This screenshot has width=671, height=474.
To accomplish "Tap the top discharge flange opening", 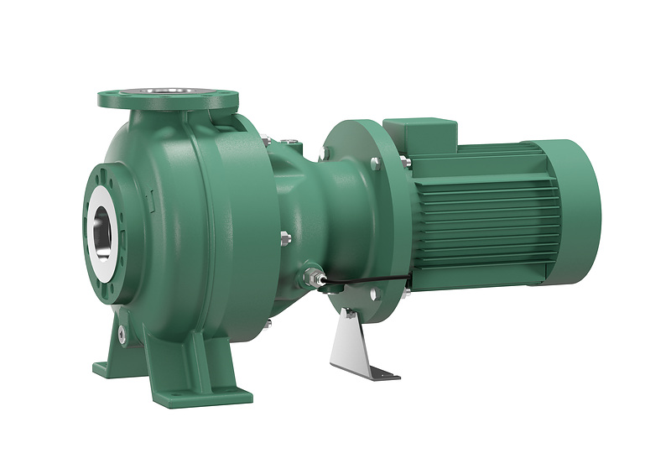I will tap(167, 95).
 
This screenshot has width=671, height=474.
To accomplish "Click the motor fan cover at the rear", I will tap(578, 210).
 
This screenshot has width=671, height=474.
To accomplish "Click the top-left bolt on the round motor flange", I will tap(326, 153).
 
